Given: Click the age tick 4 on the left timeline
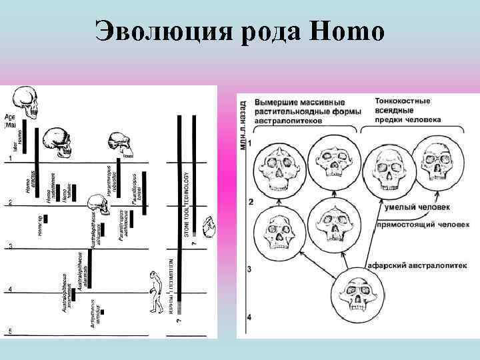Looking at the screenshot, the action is pos(10,289).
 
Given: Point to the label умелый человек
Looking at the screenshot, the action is pos(407,207).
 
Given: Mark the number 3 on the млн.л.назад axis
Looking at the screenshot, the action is pos(249,269).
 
